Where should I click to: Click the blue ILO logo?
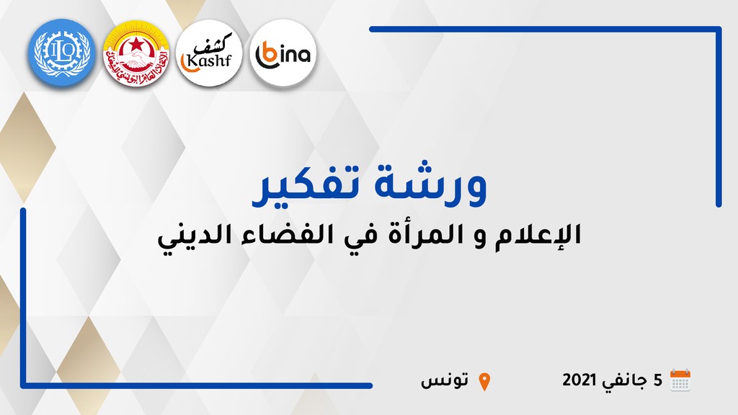tap(62, 53)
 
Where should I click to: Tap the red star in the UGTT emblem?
tap(136, 45)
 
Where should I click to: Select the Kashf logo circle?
tap(209, 53)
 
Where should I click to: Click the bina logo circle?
tap(283, 53)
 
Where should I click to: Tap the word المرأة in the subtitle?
tap(423, 233)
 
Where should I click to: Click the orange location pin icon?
tap(484, 382)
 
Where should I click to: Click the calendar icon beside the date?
tap(680, 380)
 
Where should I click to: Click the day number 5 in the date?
tap(657, 380)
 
